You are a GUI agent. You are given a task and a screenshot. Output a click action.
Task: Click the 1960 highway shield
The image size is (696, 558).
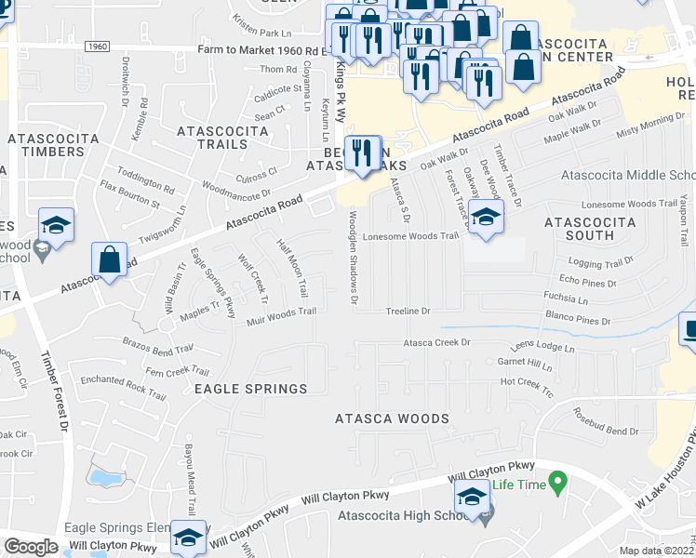[x=96, y=46]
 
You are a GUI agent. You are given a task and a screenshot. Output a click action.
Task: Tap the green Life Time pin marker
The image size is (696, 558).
[x=558, y=483]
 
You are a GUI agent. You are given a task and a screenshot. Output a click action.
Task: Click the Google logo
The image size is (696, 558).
[x=31, y=546]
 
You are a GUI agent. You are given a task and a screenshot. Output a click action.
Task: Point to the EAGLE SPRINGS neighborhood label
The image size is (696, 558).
[x=250, y=388]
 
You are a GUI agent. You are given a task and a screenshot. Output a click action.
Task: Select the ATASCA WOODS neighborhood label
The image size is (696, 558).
[x=392, y=418]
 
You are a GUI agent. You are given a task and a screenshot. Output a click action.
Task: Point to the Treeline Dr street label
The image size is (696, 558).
[x=408, y=311]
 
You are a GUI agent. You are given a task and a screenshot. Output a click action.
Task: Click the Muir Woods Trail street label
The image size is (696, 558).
[x=281, y=316]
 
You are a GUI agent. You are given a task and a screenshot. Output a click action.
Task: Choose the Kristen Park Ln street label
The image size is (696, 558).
[x=265, y=33]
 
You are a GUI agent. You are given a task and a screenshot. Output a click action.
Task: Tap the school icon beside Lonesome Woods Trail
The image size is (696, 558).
[x=485, y=218]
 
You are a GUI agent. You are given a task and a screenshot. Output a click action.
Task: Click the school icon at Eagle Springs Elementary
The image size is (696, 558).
[x=188, y=538]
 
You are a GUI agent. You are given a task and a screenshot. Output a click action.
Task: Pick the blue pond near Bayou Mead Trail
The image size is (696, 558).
[x=105, y=478]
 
